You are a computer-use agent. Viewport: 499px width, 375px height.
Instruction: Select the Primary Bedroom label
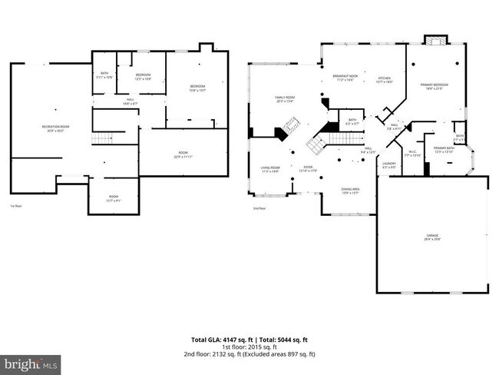[x=435, y=86]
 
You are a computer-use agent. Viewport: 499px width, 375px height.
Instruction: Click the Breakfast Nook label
[x=347, y=78]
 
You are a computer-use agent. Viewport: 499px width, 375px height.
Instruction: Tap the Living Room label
[x=269, y=169]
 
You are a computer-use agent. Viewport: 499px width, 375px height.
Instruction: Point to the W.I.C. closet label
[x=412, y=153]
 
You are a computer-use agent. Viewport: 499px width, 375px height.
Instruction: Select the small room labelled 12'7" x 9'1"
[x=114, y=198]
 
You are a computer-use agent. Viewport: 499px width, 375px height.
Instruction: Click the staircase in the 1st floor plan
[x=103, y=138]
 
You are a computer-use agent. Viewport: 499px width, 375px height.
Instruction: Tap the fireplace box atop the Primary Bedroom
[x=435, y=40]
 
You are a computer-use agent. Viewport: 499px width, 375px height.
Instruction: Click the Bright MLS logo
[x=31, y=362]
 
